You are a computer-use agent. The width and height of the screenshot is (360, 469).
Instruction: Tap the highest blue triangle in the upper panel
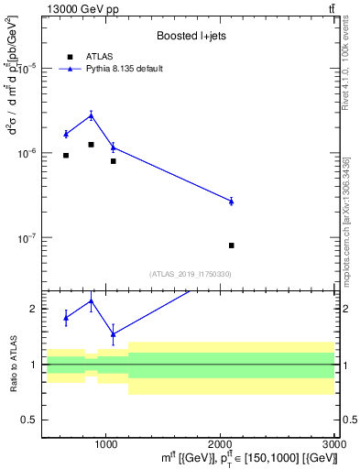(92, 115)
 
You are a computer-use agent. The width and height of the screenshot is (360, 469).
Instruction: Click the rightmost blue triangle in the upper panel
(231, 201)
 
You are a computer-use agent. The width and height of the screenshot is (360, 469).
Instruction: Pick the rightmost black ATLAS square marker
(231, 245)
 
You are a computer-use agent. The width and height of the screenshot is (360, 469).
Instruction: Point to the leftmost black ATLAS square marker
(66, 156)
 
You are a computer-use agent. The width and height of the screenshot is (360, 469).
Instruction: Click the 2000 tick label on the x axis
(221, 444)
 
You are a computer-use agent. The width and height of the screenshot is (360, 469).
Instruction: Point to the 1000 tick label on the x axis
(105, 444)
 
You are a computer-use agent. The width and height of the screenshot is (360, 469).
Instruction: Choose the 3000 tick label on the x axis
(333, 444)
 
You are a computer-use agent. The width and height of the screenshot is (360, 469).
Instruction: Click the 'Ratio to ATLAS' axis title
(13, 365)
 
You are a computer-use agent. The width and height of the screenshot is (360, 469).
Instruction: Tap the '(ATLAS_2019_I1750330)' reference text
(191, 274)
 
